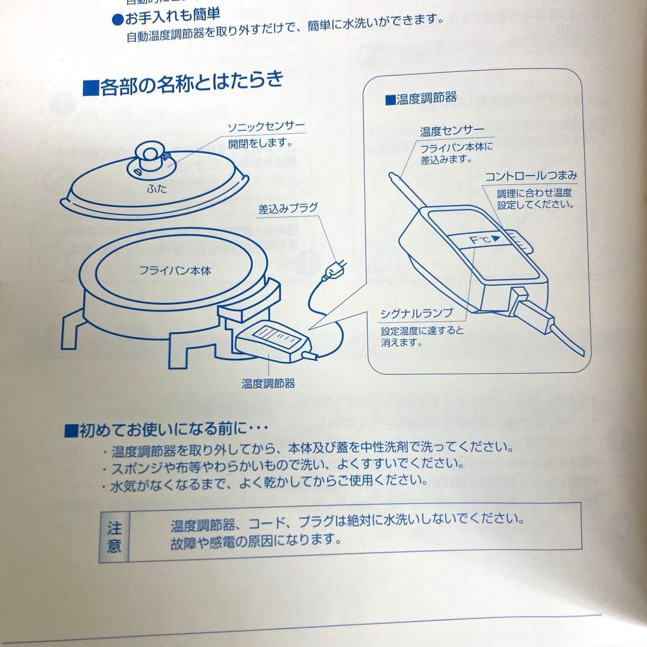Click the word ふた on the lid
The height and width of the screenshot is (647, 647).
point(157,189)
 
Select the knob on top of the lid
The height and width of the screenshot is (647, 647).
point(148,157)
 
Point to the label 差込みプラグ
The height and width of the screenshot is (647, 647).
point(288,210)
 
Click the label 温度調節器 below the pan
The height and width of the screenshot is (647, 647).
point(268,382)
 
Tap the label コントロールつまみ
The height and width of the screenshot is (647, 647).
point(531,176)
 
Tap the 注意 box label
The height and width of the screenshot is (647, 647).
point(113,537)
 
